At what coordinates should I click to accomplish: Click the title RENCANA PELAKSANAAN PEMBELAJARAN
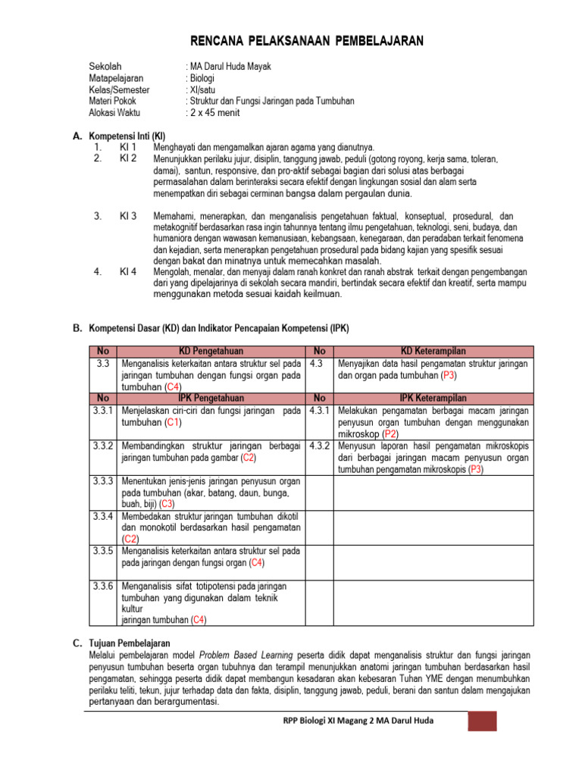[x=306, y=41]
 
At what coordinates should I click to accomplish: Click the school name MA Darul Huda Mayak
[x=229, y=67]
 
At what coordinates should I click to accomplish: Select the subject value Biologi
[x=202, y=78]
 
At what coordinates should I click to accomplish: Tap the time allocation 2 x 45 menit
[x=214, y=112]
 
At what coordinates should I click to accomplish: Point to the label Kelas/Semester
[x=119, y=89]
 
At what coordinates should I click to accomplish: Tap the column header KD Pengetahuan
[x=211, y=351]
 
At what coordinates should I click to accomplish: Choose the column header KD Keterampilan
[x=433, y=351]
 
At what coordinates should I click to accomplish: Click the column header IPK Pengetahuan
[x=211, y=398]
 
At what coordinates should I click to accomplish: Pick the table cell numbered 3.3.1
[x=104, y=411]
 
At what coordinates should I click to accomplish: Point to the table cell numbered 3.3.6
[x=104, y=586]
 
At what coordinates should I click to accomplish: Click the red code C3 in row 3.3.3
[x=167, y=503]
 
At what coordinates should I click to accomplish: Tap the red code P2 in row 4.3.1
[x=390, y=433]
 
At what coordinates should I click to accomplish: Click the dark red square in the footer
[x=481, y=721]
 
